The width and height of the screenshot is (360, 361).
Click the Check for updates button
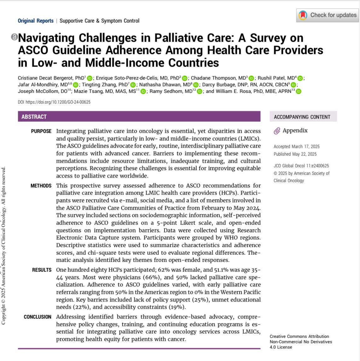(328, 15)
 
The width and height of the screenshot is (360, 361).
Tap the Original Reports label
(36, 21)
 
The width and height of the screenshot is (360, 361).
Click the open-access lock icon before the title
(14, 37)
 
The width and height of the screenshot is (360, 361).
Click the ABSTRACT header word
(34, 117)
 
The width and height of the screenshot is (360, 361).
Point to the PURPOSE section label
(41, 131)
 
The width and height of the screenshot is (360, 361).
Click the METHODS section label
(41, 186)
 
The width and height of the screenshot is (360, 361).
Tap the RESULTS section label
(42, 270)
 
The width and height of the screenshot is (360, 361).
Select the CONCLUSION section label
(38, 317)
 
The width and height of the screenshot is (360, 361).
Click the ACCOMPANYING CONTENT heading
(302, 117)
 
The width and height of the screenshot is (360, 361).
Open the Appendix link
(295, 131)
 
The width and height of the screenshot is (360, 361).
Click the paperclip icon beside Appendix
(277, 131)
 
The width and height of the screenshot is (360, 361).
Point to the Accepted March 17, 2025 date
(296, 147)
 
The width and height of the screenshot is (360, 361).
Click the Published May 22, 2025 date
(295, 154)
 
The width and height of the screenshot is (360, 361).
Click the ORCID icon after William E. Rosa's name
(298, 91)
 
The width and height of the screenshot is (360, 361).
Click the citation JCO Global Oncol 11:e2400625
(301, 166)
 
